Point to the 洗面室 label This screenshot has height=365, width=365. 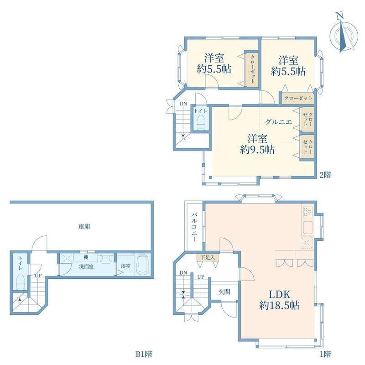tap(87, 266)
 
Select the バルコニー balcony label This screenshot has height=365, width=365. tap(194, 226)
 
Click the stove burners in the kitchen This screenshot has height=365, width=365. tap(307, 212)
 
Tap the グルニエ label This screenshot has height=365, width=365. tap(277, 122)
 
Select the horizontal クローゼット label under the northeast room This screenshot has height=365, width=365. tap(298, 98)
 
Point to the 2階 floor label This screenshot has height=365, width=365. tap(325, 174)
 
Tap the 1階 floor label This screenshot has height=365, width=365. tap(325, 354)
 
